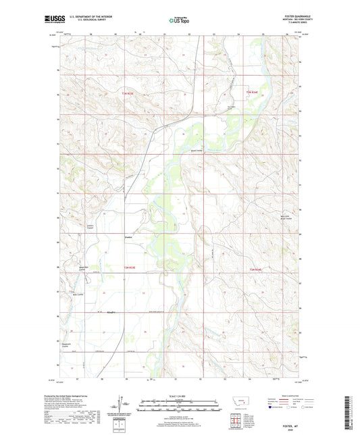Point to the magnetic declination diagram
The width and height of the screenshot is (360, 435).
pyautogui.click(x=120, y=406)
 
